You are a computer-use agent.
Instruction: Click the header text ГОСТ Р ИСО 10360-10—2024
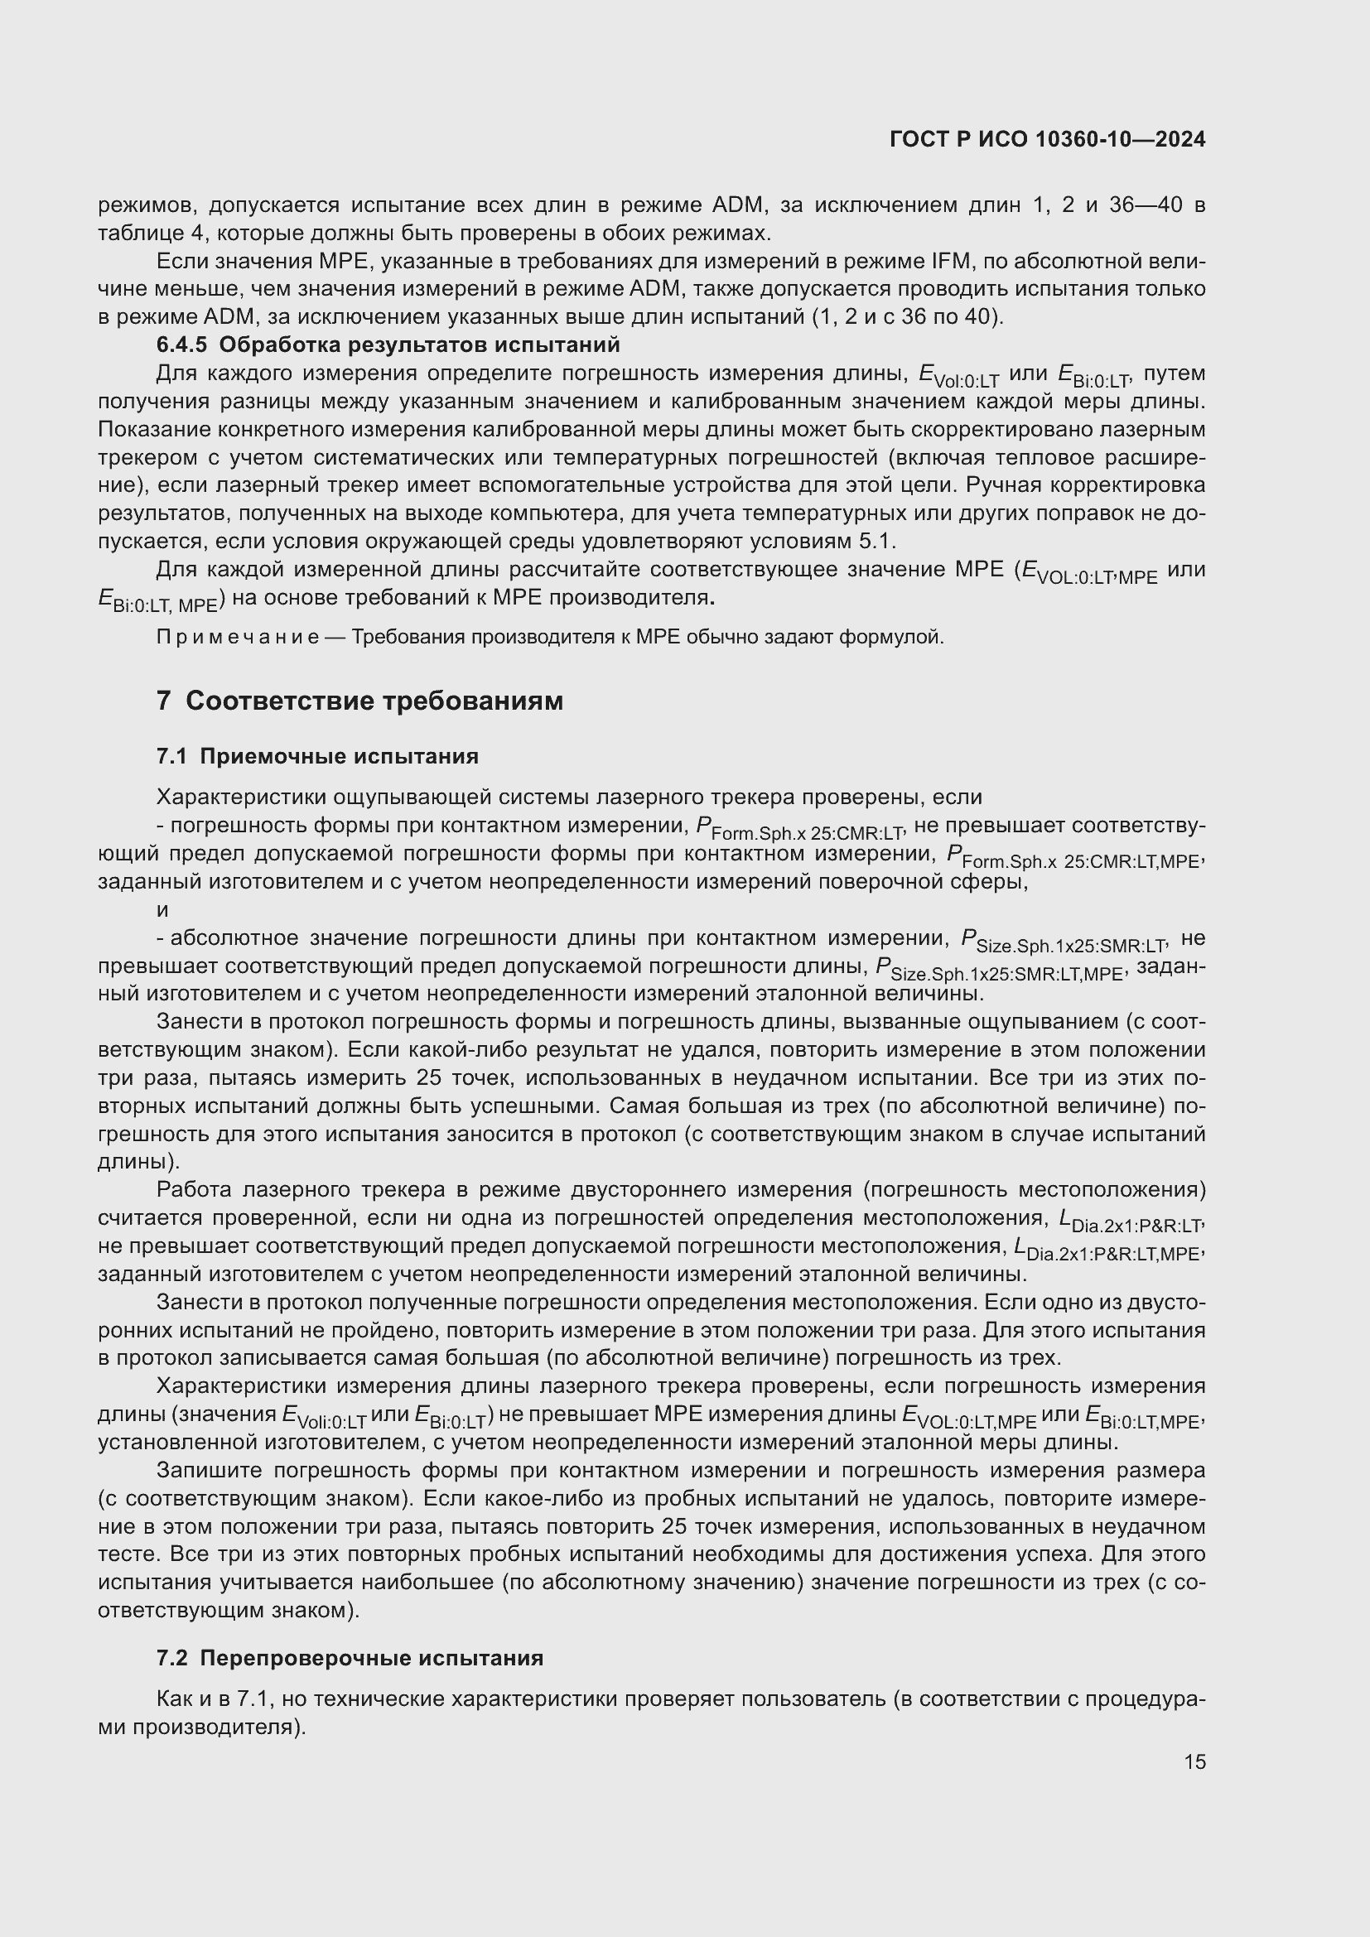pyautogui.click(x=1047, y=140)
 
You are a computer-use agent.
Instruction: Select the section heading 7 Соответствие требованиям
pyautogui.click(x=359, y=701)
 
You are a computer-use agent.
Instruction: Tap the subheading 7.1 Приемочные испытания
pyautogui.click(x=317, y=756)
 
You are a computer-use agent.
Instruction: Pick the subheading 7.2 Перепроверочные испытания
pyautogui.click(x=350, y=1658)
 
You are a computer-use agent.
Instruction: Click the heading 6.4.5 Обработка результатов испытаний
pyautogui.click(x=388, y=345)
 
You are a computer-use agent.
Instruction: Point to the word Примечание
pyautogui.click(x=237, y=637)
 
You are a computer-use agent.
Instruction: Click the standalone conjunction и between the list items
pyautogui.click(x=163, y=909)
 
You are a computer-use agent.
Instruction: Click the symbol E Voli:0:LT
pyautogui.click(x=324, y=1416)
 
